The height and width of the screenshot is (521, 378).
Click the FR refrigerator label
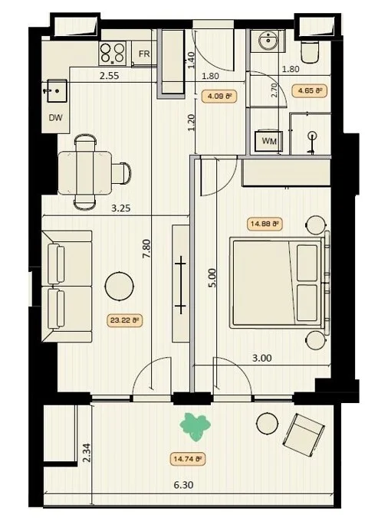point(144,54)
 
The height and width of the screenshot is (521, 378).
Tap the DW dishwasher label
point(55,117)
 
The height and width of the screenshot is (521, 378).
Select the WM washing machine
point(268,141)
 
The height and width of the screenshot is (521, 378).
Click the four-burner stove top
point(113,54)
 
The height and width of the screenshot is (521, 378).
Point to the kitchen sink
point(57,90)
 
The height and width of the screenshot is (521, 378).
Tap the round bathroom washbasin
point(268,41)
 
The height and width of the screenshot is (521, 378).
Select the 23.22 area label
point(125,320)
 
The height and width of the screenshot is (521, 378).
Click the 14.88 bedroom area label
point(265,224)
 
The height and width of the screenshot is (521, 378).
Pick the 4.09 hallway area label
point(219,97)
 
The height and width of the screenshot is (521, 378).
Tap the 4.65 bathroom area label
point(310,90)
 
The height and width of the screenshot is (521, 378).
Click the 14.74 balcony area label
point(188,459)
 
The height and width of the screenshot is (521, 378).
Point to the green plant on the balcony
point(196,427)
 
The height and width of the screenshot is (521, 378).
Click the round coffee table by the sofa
point(119,286)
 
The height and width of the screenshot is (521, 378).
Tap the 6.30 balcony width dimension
point(183,485)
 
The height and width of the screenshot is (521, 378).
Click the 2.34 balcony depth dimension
point(87,453)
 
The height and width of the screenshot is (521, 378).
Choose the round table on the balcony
point(267,423)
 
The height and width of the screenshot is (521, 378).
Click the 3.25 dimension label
point(120,208)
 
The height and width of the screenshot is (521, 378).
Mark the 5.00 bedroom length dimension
point(213,278)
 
